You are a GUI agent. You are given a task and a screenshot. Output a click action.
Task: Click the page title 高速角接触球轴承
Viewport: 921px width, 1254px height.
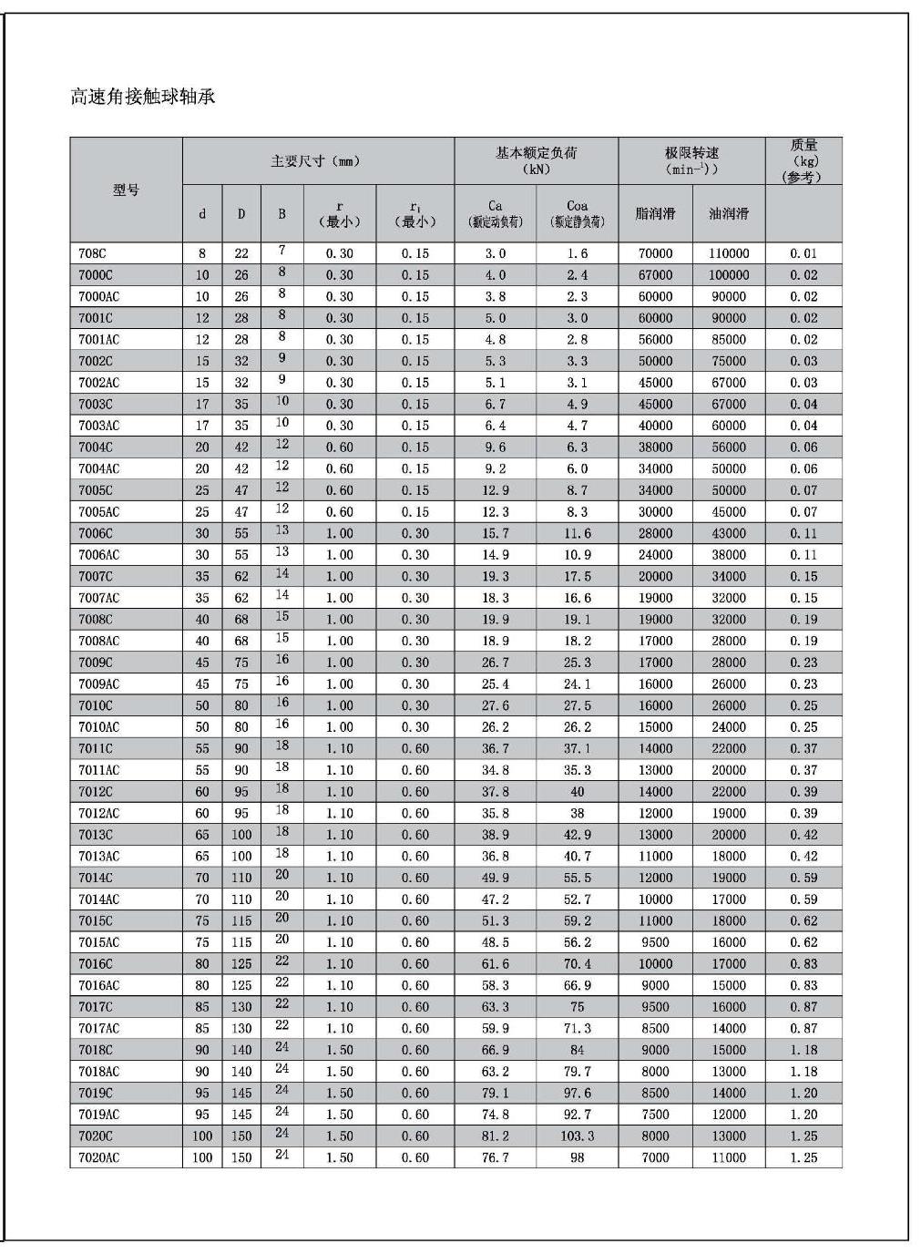pyautogui.click(x=143, y=97)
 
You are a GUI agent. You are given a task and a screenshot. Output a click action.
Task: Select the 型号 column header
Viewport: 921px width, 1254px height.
pyautogui.click(x=126, y=190)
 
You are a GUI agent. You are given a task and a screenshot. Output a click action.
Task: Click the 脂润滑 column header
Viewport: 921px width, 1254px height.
pyautogui.click(x=655, y=213)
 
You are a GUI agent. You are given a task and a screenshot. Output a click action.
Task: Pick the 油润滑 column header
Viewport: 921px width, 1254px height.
pyautogui.click(x=729, y=213)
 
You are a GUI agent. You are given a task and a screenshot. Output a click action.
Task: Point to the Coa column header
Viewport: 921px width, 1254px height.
pyautogui.click(x=577, y=213)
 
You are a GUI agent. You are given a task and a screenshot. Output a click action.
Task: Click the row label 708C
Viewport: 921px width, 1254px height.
pyautogui.click(x=90, y=253)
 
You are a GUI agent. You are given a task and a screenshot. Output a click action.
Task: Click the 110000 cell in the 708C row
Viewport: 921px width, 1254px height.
pyautogui.click(x=729, y=253)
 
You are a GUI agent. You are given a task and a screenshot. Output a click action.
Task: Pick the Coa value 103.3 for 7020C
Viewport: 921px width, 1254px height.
pyautogui.click(x=577, y=1136)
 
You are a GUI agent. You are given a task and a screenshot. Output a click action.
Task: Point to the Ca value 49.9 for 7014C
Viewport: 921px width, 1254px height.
pyautogui.click(x=495, y=878)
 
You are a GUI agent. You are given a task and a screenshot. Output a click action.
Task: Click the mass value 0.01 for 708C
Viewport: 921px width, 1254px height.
pyautogui.click(x=803, y=253)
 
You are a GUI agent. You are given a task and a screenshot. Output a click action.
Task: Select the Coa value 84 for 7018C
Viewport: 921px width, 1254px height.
pyautogui.click(x=577, y=1050)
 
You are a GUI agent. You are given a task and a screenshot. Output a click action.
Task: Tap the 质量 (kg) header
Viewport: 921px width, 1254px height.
pyautogui.click(x=803, y=160)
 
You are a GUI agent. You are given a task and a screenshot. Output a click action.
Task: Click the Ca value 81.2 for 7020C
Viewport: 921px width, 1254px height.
pyautogui.click(x=495, y=1136)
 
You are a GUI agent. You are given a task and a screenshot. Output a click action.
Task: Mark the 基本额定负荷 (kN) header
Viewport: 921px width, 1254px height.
pyautogui.click(x=536, y=160)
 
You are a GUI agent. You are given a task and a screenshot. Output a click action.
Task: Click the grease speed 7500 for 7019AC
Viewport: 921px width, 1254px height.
pyautogui.click(x=655, y=1115)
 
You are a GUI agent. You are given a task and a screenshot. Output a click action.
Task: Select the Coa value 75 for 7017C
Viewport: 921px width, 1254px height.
pyautogui.click(x=577, y=1007)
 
